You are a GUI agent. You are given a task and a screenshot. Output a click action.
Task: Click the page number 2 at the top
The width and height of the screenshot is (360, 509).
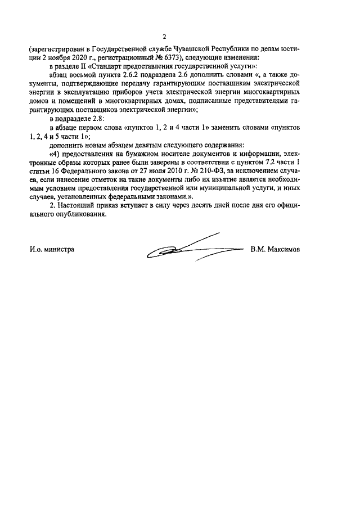click(x=180, y=37)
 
